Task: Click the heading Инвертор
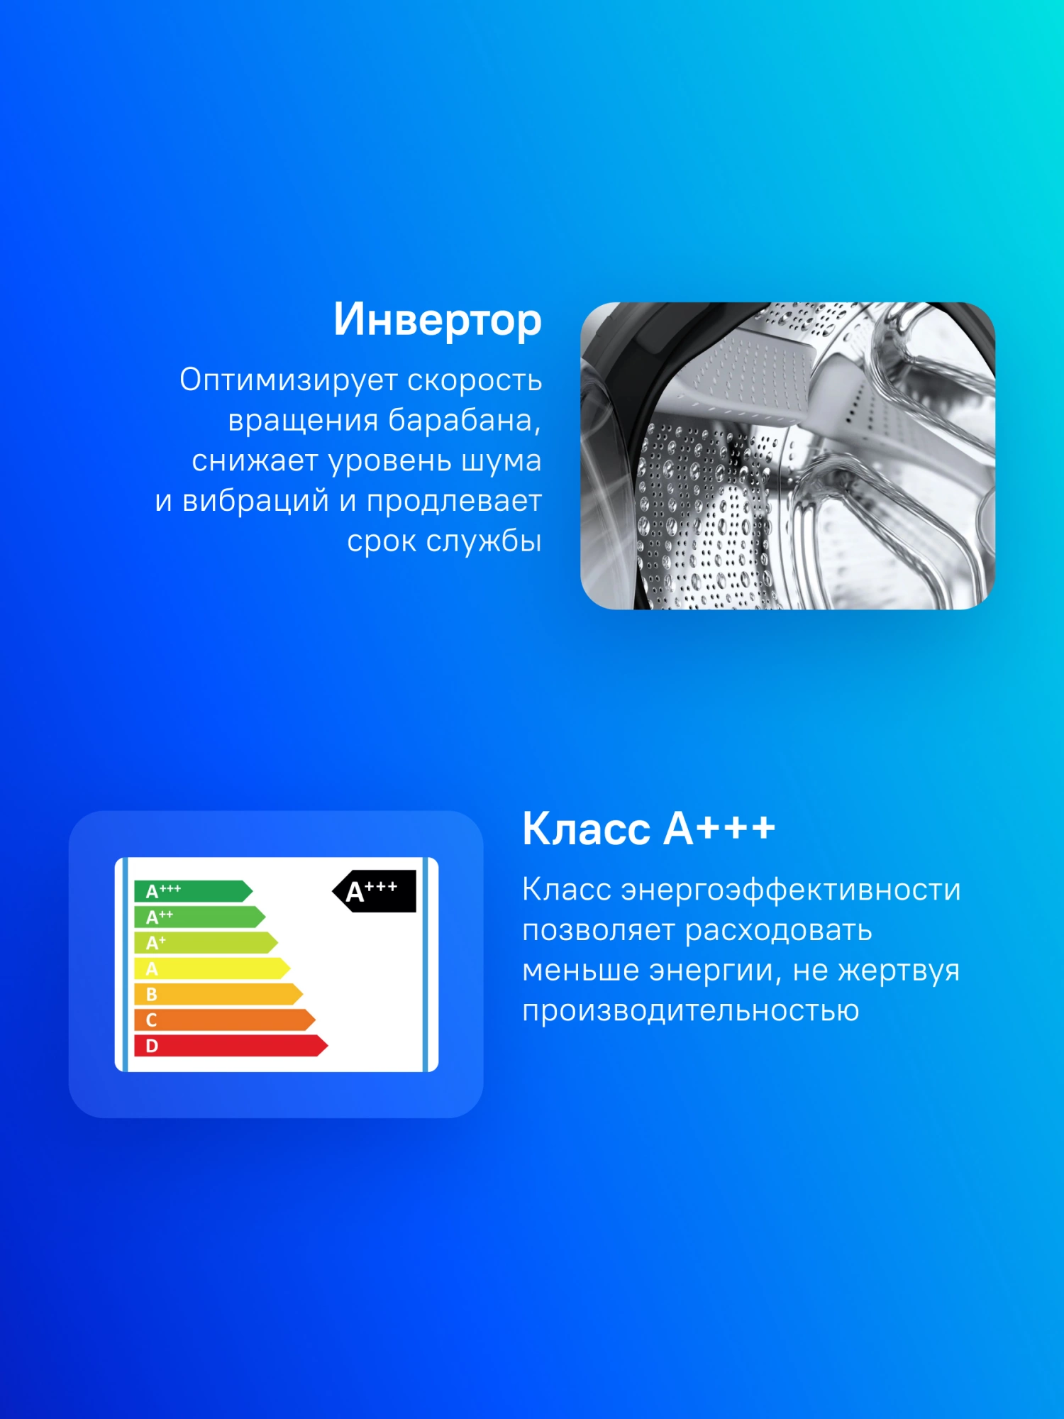pos(438,320)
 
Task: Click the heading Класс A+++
pos(648,828)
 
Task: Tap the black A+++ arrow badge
pos(374,891)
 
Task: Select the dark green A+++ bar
pos(194,891)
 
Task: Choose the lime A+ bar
pos(206,943)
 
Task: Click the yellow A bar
pos(212,968)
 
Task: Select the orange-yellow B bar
pos(218,994)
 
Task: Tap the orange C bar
pos(225,1020)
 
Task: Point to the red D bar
pos(231,1046)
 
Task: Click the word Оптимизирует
pos(288,381)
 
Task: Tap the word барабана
pos(464,420)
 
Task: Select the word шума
pos(501,462)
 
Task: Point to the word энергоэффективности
pos(791,890)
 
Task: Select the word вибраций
pos(256,501)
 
